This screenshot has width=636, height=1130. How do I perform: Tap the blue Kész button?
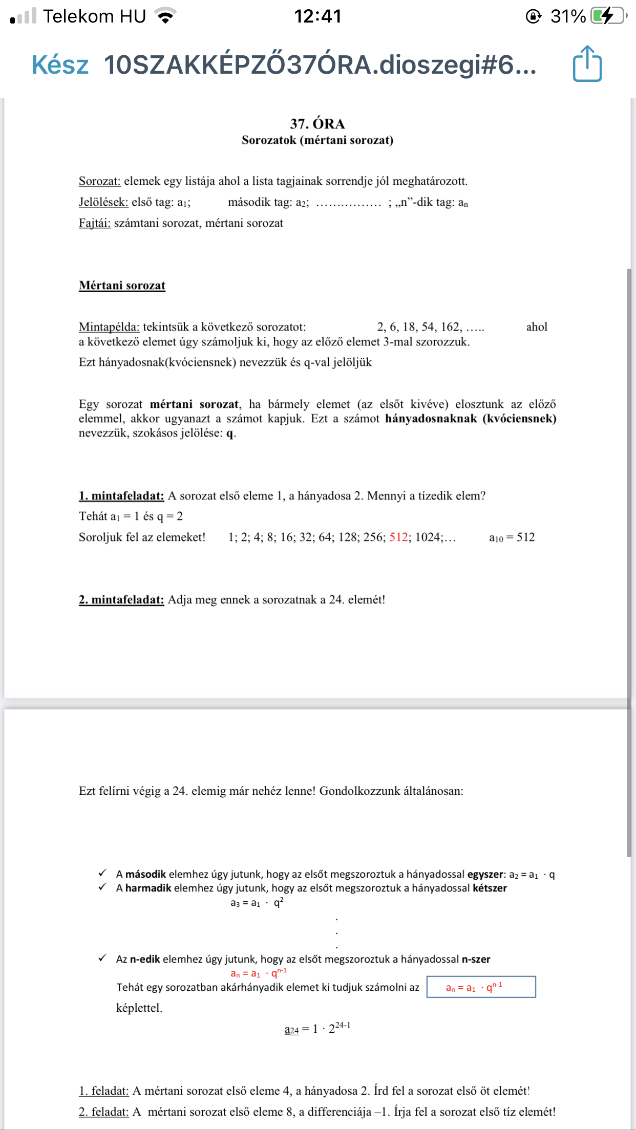pos(60,65)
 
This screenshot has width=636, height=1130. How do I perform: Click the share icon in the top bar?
pos(587,64)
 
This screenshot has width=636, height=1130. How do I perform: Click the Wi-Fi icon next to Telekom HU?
pos(165,16)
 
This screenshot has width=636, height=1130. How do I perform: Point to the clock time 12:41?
pos(317,16)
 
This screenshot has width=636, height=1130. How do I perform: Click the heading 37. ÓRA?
pos(317,124)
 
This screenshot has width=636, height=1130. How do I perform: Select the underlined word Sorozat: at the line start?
pos(99,181)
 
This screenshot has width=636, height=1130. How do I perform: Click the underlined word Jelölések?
pos(103,202)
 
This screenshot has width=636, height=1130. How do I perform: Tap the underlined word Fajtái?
pos(95,223)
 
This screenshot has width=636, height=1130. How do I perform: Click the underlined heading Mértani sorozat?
pos(122,286)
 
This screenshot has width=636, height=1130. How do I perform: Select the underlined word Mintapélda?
pos(109,327)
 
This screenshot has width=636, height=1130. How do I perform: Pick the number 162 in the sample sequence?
pos(450,327)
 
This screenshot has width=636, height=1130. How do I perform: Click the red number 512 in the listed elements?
pos(398,537)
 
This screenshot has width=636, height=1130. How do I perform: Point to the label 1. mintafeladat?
pos(121,496)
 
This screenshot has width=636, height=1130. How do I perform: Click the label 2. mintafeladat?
pos(121,600)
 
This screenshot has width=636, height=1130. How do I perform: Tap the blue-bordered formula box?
pos(481,987)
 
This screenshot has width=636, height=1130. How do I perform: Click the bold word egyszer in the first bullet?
pos(485,875)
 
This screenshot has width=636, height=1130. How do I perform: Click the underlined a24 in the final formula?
pos(291,1030)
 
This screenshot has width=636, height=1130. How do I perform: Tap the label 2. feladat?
pos(103,1112)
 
